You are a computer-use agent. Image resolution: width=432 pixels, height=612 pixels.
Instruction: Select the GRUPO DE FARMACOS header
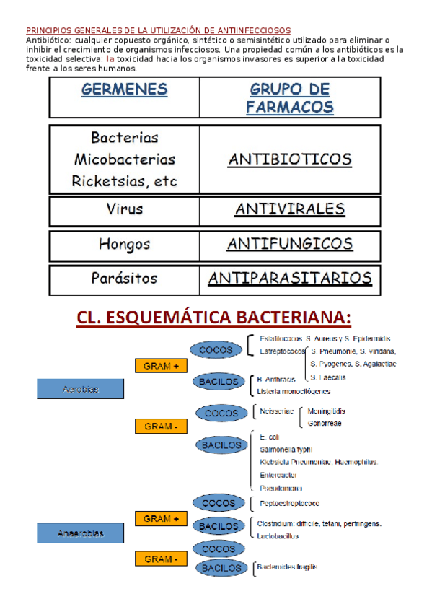click(289, 98)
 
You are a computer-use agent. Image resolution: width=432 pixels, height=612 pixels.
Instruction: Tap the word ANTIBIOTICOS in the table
click(289, 159)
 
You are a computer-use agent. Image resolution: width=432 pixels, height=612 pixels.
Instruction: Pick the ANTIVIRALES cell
click(289, 209)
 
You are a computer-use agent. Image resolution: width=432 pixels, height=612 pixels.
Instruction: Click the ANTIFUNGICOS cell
click(289, 244)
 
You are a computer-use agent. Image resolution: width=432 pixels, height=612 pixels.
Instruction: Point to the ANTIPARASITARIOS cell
click(289, 278)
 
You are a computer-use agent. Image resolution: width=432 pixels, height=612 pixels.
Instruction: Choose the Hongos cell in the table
click(124, 244)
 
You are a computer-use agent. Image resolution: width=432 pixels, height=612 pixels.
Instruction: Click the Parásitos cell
click(124, 278)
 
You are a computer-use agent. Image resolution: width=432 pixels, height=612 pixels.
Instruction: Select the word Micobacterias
click(124, 159)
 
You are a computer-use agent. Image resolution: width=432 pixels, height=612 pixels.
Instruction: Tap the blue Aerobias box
click(81, 390)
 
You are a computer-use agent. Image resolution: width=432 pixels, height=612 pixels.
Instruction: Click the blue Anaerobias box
click(81, 533)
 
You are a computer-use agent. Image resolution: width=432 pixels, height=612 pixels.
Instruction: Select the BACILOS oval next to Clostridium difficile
click(219, 527)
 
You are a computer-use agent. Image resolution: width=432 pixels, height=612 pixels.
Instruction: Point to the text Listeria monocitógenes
click(294, 391)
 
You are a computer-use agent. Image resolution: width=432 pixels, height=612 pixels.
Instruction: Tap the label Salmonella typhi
click(286, 450)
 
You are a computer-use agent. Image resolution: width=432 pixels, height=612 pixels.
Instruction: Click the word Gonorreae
click(325, 423)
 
